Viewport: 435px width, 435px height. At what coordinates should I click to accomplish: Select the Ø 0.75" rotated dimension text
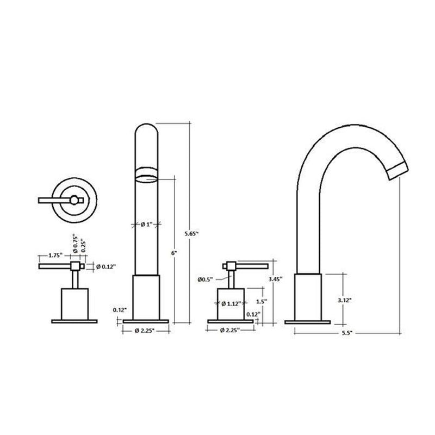[77, 243]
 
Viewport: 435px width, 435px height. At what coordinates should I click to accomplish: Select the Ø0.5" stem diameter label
[206, 281]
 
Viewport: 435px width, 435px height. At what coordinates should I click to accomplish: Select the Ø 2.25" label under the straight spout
[146, 331]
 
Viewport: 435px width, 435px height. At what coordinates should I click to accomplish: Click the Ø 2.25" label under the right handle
[231, 331]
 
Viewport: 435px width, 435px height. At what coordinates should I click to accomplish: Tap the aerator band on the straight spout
[146, 173]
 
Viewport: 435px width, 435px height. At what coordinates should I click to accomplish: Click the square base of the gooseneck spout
[308, 297]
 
